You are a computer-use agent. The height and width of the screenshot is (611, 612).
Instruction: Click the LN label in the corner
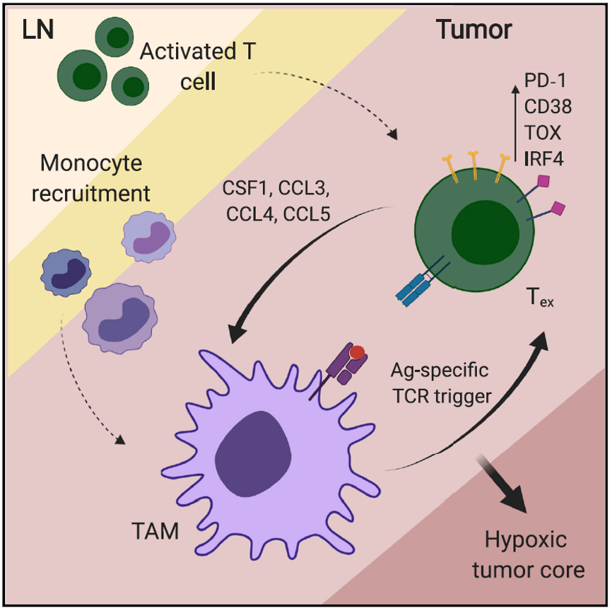pos(37,30)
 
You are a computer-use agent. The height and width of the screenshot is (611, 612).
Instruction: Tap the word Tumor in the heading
pos(473,30)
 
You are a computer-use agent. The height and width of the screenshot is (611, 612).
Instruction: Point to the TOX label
pos(544,132)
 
